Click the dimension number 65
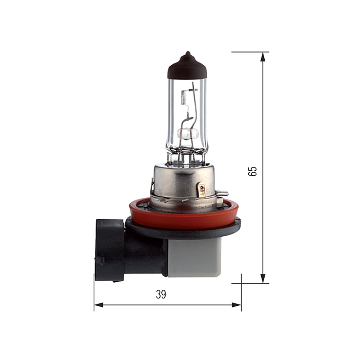point(253,171)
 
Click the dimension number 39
point(161,294)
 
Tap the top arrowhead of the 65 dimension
point(263,57)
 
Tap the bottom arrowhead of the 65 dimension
point(263,278)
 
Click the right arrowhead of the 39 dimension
point(237,305)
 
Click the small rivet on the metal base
point(202,188)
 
